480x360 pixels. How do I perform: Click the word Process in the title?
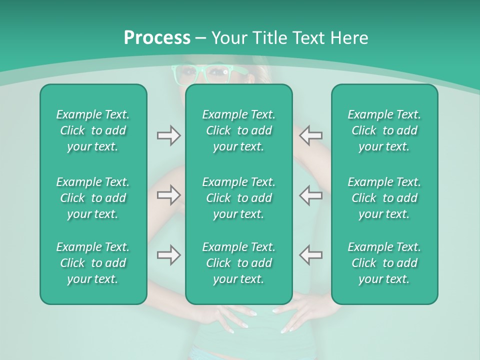pos(157,38)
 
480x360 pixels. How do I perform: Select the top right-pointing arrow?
pos(168,135)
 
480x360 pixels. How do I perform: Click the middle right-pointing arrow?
pos(168,195)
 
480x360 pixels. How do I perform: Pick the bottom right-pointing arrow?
pos(168,255)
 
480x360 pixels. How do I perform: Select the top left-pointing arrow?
pos(310,135)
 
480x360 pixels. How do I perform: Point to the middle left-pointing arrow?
pos(310,195)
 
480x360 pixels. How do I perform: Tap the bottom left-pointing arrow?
pos(310,255)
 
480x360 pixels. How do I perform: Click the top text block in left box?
pos(93,130)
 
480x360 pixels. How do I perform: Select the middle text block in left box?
pos(93,198)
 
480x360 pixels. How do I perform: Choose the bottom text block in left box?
pos(93,263)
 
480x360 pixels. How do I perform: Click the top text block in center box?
pos(238,130)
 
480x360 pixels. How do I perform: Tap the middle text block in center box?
pos(238,198)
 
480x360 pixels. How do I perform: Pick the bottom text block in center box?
pos(238,263)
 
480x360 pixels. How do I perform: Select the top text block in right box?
pos(384,130)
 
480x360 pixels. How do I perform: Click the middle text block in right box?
pos(384,198)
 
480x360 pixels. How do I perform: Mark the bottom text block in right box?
pos(384,263)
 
